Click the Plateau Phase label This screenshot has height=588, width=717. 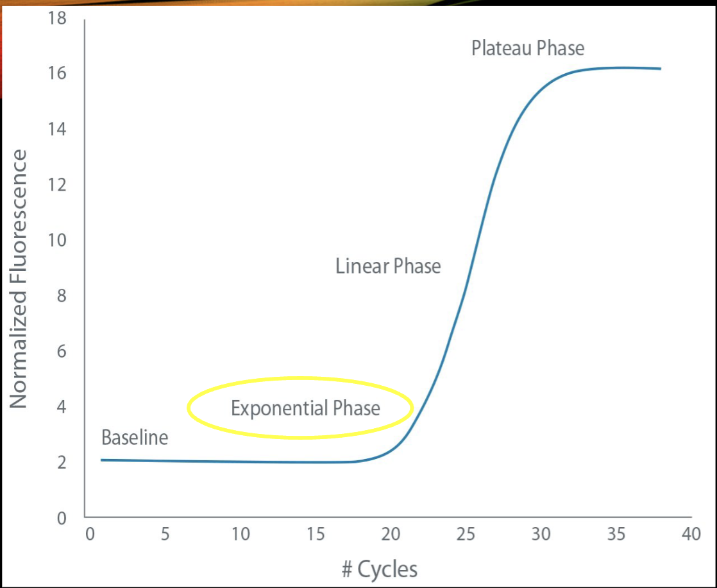(x=528, y=49)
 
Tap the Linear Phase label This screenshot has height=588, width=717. (x=388, y=266)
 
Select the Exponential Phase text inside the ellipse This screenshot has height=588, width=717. (x=305, y=408)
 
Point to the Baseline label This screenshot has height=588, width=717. (x=135, y=438)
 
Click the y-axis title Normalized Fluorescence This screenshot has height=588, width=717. (x=19, y=279)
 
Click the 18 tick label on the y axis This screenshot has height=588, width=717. (x=57, y=19)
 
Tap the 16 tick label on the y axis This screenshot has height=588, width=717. (x=57, y=74)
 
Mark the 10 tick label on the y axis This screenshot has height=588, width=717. (x=57, y=241)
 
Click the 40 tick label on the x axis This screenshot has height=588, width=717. (x=691, y=535)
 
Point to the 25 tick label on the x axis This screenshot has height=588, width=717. (x=466, y=535)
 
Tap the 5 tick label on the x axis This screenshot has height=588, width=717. (x=165, y=535)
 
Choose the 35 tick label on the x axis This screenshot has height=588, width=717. (x=616, y=535)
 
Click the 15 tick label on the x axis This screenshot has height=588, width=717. (x=316, y=535)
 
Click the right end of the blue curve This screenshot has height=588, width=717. (x=660, y=69)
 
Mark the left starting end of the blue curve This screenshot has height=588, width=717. (x=102, y=460)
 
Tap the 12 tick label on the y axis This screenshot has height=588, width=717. (x=57, y=185)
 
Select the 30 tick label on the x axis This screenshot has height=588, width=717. (x=541, y=535)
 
